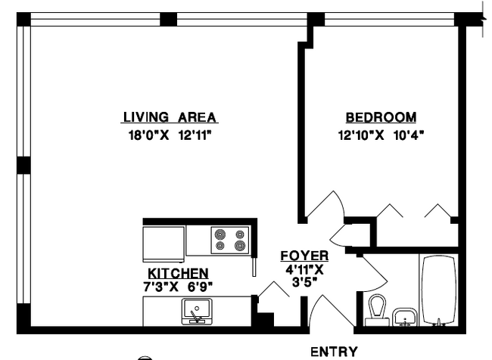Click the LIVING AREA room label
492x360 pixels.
[x=170, y=117]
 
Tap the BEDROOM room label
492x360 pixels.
[x=381, y=117]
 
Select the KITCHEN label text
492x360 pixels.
[x=178, y=273]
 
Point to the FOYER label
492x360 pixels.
[x=304, y=256]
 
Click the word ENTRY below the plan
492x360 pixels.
[x=334, y=352]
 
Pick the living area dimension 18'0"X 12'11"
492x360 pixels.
[x=170, y=135]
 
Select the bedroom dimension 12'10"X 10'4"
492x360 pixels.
[x=381, y=135]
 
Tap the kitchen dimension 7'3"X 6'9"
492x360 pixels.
[x=178, y=287]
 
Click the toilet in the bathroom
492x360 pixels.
[x=377, y=310]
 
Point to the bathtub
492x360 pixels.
[x=439, y=290]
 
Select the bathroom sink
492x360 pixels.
[x=405, y=317]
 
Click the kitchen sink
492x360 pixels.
[x=197, y=312]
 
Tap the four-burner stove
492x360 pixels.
[x=230, y=241]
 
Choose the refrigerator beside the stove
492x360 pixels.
[x=163, y=244]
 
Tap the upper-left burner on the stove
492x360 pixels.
[x=220, y=234]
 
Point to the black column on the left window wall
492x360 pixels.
[x=23, y=165]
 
